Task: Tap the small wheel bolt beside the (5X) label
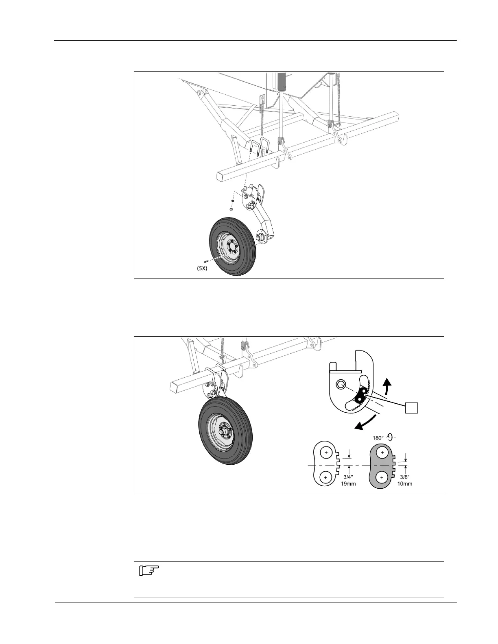207,261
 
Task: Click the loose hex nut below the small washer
231,209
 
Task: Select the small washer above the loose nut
231,200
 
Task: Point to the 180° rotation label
378,438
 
